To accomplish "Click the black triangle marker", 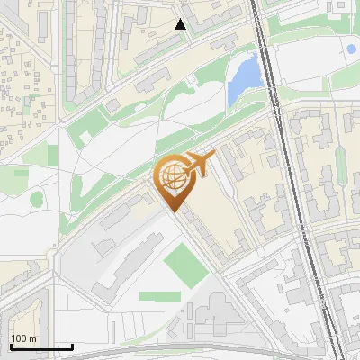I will click(181, 25).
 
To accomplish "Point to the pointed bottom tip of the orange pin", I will click(172, 212).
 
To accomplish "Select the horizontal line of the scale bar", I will click(40, 346).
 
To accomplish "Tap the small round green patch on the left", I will click(37, 199).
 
